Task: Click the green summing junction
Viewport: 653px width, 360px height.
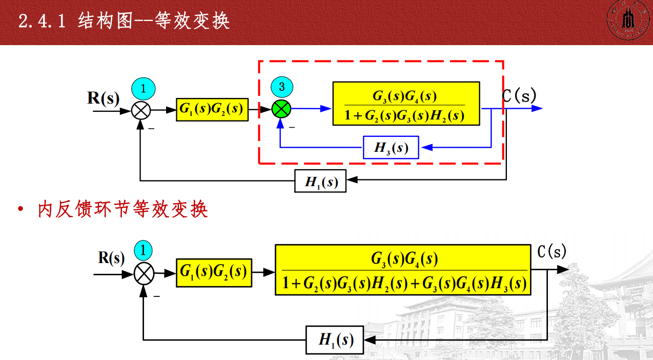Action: (x=281, y=108)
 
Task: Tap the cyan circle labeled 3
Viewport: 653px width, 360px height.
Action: (x=281, y=87)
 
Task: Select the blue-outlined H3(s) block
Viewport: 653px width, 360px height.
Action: (x=391, y=148)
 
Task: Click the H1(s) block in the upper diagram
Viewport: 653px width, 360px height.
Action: (x=320, y=181)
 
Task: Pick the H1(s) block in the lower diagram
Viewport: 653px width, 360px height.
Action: (x=335, y=339)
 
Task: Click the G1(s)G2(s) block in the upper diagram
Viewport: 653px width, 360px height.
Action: (x=212, y=109)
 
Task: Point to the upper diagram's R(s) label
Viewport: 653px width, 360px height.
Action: (x=103, y=97)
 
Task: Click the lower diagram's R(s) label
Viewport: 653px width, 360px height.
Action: (x=111, y=258)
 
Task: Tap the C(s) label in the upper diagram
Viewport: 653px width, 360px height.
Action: (x=519, y=95)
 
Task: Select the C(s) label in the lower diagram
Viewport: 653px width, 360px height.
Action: (x=552, y=251)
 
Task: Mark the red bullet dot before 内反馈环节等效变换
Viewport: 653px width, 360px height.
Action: (x=21, y=210)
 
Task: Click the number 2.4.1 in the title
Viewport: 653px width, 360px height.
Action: (x=42, y=22)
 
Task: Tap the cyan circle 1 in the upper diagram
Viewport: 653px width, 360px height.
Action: (x=143, y=88)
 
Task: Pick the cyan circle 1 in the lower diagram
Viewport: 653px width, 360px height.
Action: (x=144, y=251)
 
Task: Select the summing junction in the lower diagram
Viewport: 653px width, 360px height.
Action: (x=144, y=273)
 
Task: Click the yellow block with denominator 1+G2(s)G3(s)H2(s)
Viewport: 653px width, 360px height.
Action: (x=406, y=104)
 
